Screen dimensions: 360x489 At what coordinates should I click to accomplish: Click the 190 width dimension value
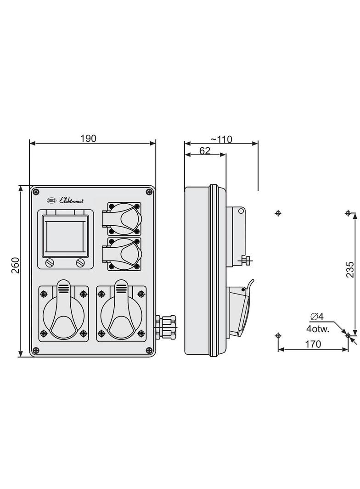pyautogui.click(x=88, y=138)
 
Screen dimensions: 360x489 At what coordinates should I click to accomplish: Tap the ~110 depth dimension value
pyautogui.click(x=221, y=139)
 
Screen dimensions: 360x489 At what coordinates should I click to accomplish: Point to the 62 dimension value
pyautogui.click(x=205, y=150)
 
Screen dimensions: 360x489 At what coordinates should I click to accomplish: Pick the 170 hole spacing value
pyautogui.click(x=313, y=344)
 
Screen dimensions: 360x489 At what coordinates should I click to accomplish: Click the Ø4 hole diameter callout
pyautogui.click(x=317, y=317)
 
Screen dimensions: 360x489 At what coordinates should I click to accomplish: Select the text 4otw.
pyautogui.click(x=318, y=329)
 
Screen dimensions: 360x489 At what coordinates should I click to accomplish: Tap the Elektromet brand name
pyautogui.click(x=72, y=201)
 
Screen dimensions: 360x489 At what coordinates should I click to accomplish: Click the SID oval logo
pyautogui.click(x=51, y=201)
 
